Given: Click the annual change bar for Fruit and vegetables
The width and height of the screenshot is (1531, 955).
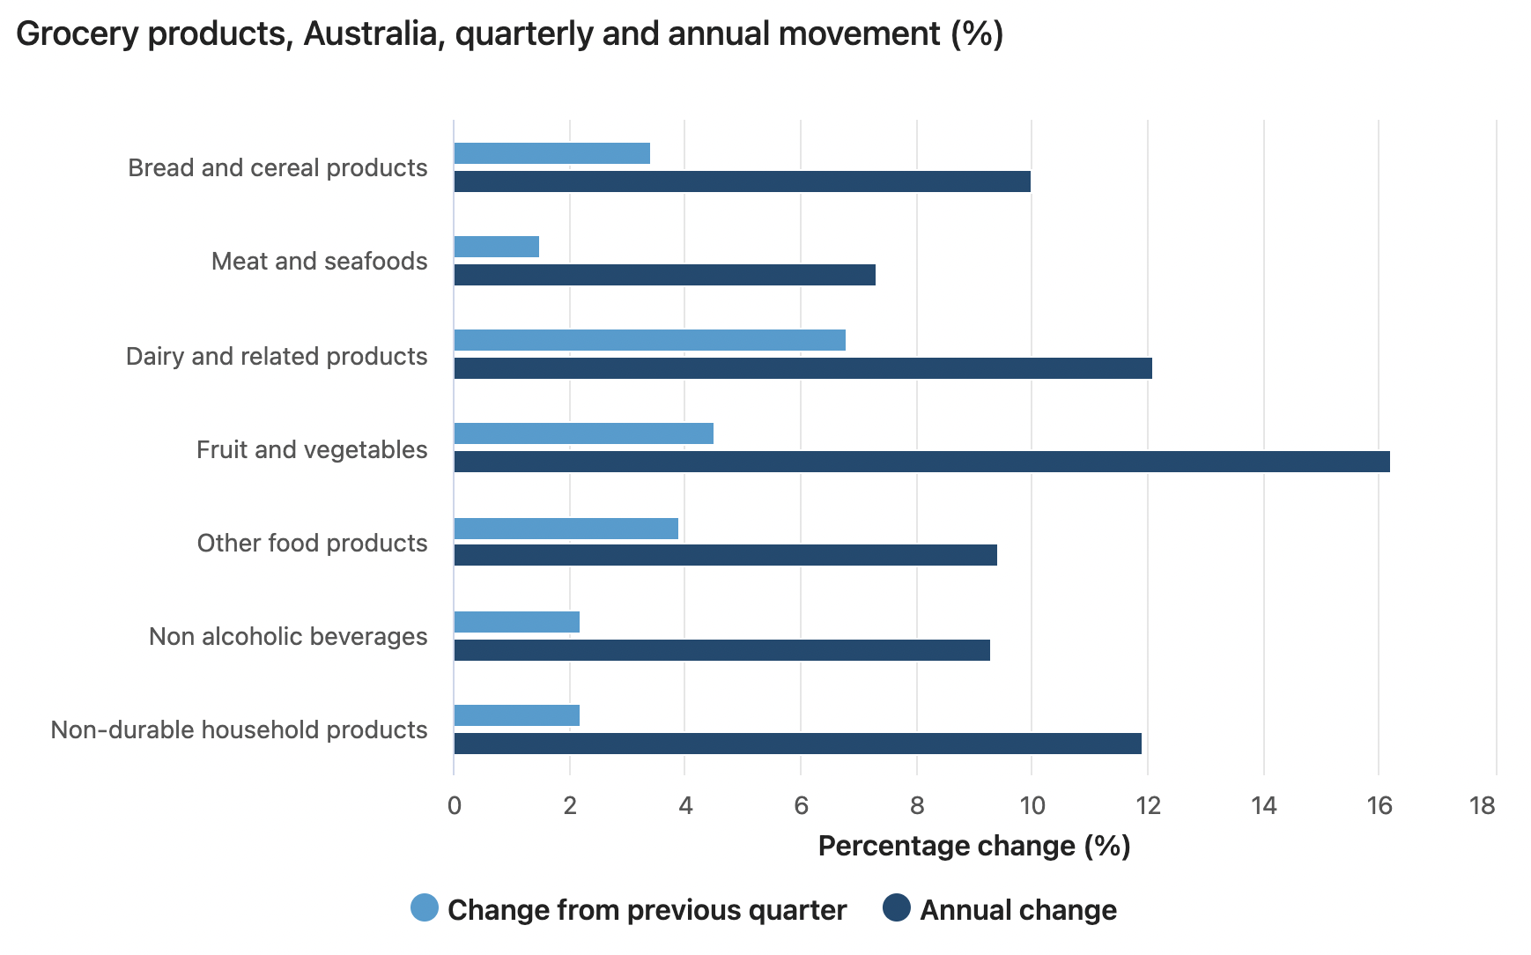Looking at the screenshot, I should (x=921, y=462).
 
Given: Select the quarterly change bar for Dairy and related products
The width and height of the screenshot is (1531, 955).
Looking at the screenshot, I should (x=649, y=340).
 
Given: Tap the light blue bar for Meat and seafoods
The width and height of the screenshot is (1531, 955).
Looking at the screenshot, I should (x=496, y=247).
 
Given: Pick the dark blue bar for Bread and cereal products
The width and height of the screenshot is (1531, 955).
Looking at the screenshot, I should (x=742, y=181).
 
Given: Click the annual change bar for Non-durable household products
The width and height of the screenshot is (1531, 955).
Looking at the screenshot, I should (x=797, y=744).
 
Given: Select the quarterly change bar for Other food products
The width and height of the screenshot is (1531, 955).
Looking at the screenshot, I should (x=566, y=529).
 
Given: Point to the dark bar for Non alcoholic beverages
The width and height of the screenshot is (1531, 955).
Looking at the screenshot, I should (x=721, y=650).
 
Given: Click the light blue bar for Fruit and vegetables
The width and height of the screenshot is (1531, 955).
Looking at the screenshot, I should (x=583, y=433).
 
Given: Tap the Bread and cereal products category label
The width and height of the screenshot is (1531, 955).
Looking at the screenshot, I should (x=277, y=167).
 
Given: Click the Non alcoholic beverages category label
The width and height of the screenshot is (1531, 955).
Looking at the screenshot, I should (x=288, y=636).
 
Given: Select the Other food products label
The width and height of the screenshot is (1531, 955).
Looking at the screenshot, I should (x=312, y=543).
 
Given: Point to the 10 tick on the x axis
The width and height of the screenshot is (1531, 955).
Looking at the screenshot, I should (x=1032, y=805).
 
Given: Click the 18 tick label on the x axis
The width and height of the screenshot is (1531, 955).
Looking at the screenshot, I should (x=1483, y=805).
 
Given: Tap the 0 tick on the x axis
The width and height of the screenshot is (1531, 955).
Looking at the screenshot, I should (x=454, y=805).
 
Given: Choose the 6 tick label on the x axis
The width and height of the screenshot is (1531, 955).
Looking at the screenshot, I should (x=801, y=805).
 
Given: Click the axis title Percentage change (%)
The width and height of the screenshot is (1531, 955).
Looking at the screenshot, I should (x=973, y=846).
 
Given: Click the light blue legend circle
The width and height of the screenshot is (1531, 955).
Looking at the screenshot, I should (x=425, y=908).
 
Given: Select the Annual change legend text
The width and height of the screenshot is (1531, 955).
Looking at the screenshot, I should (x=1018, y=910).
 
